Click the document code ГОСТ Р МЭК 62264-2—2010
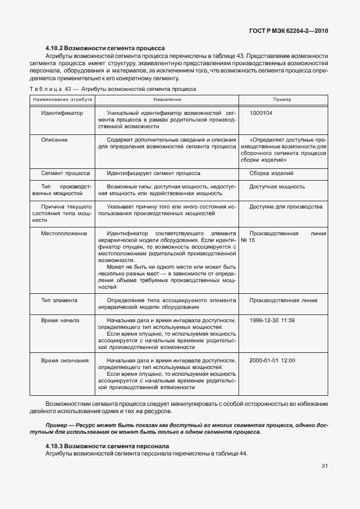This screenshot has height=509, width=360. [x=293, y=31]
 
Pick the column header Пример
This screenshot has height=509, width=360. [x=282, y=99]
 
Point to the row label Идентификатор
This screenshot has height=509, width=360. [x=62, y=113]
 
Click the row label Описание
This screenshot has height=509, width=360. [x=55, y=140]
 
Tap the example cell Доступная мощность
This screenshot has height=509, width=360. [x=277, y=187]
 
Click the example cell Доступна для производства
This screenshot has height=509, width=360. [x=286, y=207]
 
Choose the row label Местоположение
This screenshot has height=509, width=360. [x=64, y=234]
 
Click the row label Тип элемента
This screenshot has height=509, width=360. [x=59, y=300]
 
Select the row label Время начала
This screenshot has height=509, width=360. [x=60, y=321]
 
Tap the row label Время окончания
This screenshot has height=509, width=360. [x=65, y=361]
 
